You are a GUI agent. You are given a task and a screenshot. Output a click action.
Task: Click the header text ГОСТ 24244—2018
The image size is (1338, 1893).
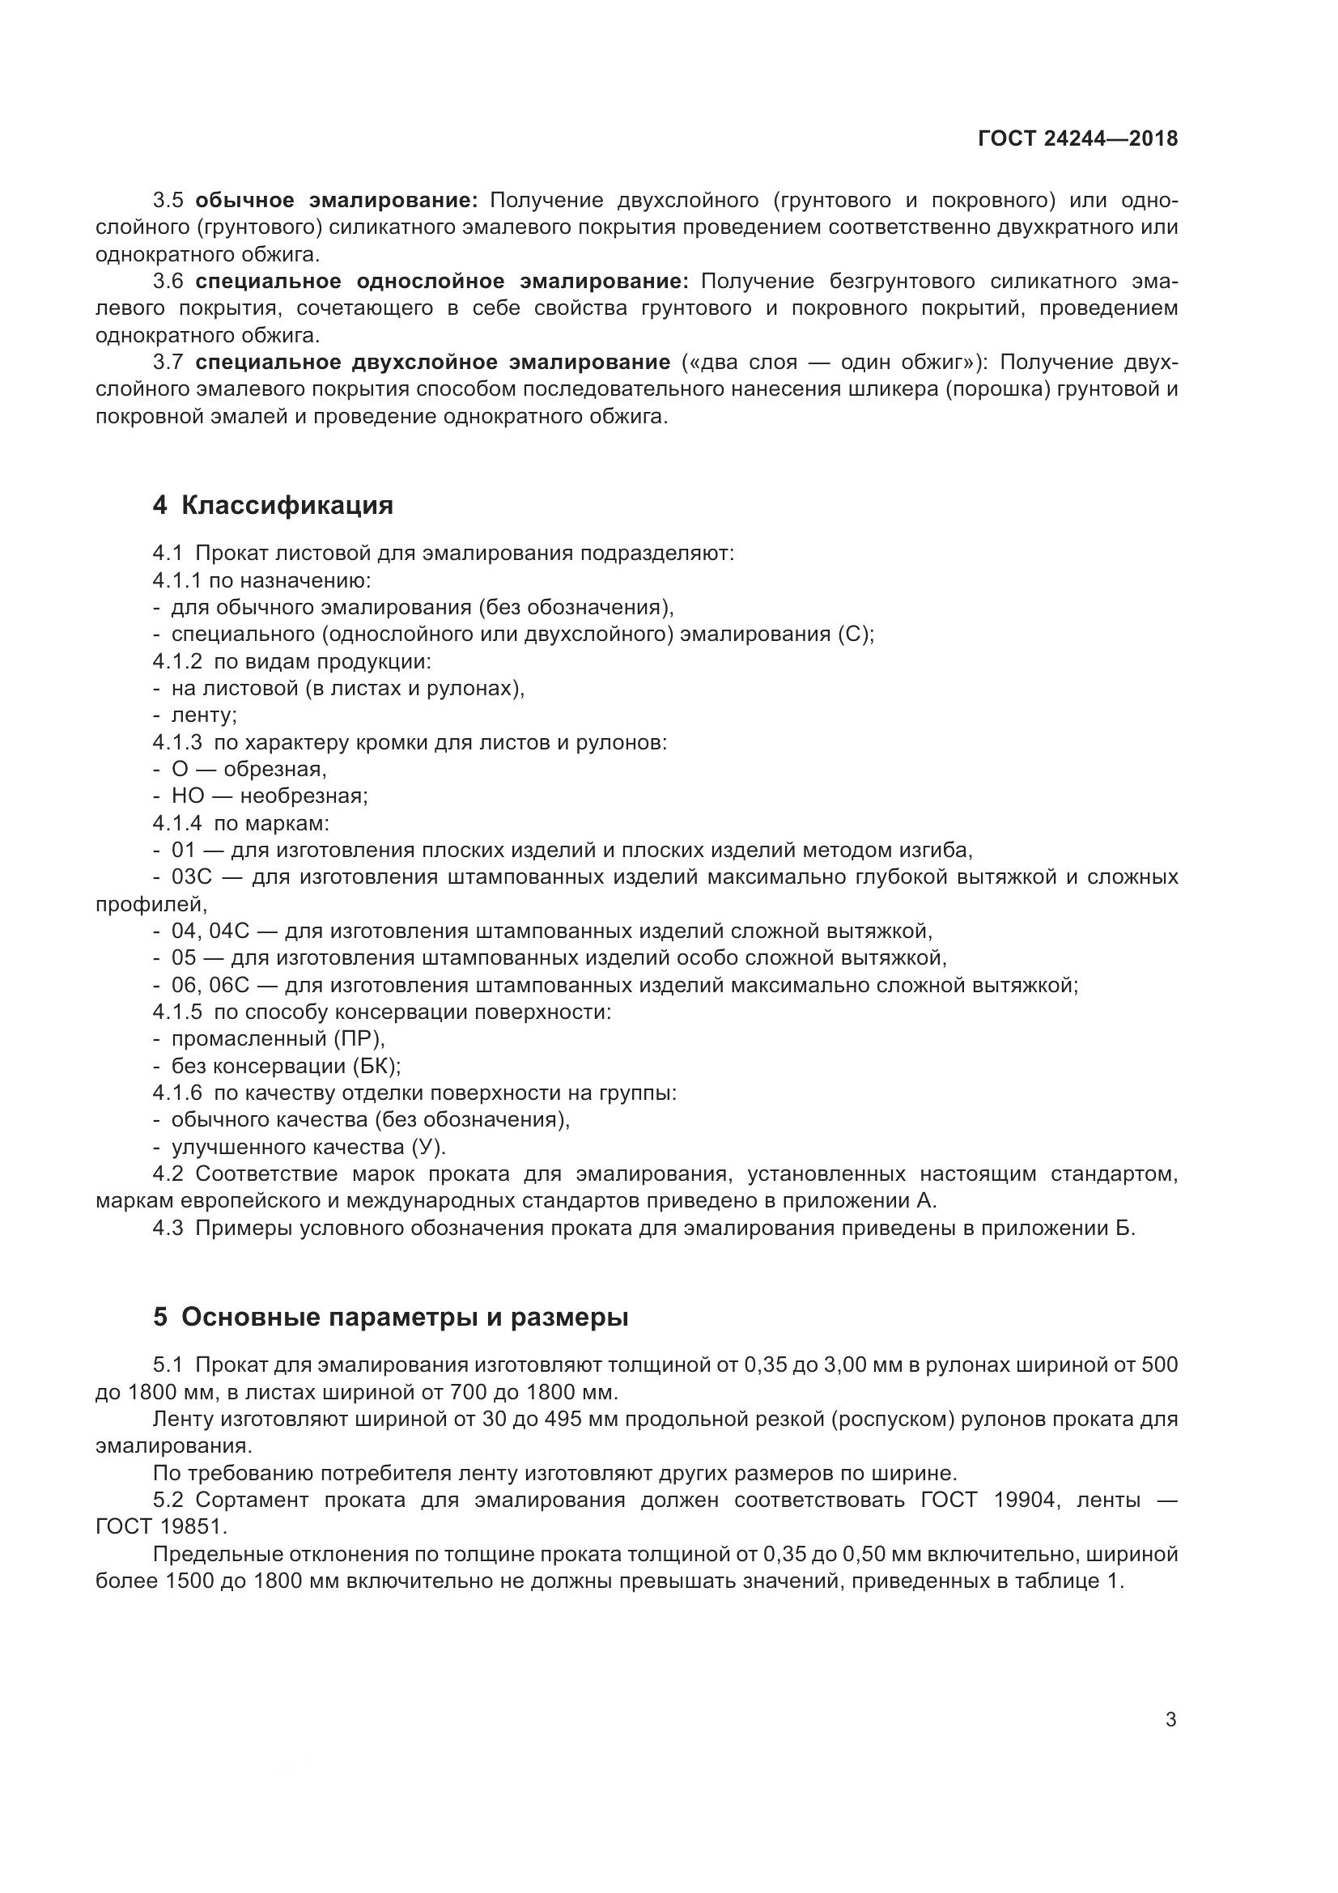point(1077,138)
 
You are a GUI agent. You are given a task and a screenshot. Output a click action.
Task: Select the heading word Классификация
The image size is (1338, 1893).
point(287,504)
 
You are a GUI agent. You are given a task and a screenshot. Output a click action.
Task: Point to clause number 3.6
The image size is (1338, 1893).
point(168,281)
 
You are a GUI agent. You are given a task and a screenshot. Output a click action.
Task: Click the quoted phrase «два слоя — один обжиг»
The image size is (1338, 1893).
point(834,362)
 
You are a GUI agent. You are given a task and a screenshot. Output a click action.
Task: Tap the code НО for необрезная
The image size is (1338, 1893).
point(187,796)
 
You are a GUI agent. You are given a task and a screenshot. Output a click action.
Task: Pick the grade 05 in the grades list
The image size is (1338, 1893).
point(184,957)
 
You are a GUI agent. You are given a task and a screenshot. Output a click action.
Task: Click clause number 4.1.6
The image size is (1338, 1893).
point(176,1093)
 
